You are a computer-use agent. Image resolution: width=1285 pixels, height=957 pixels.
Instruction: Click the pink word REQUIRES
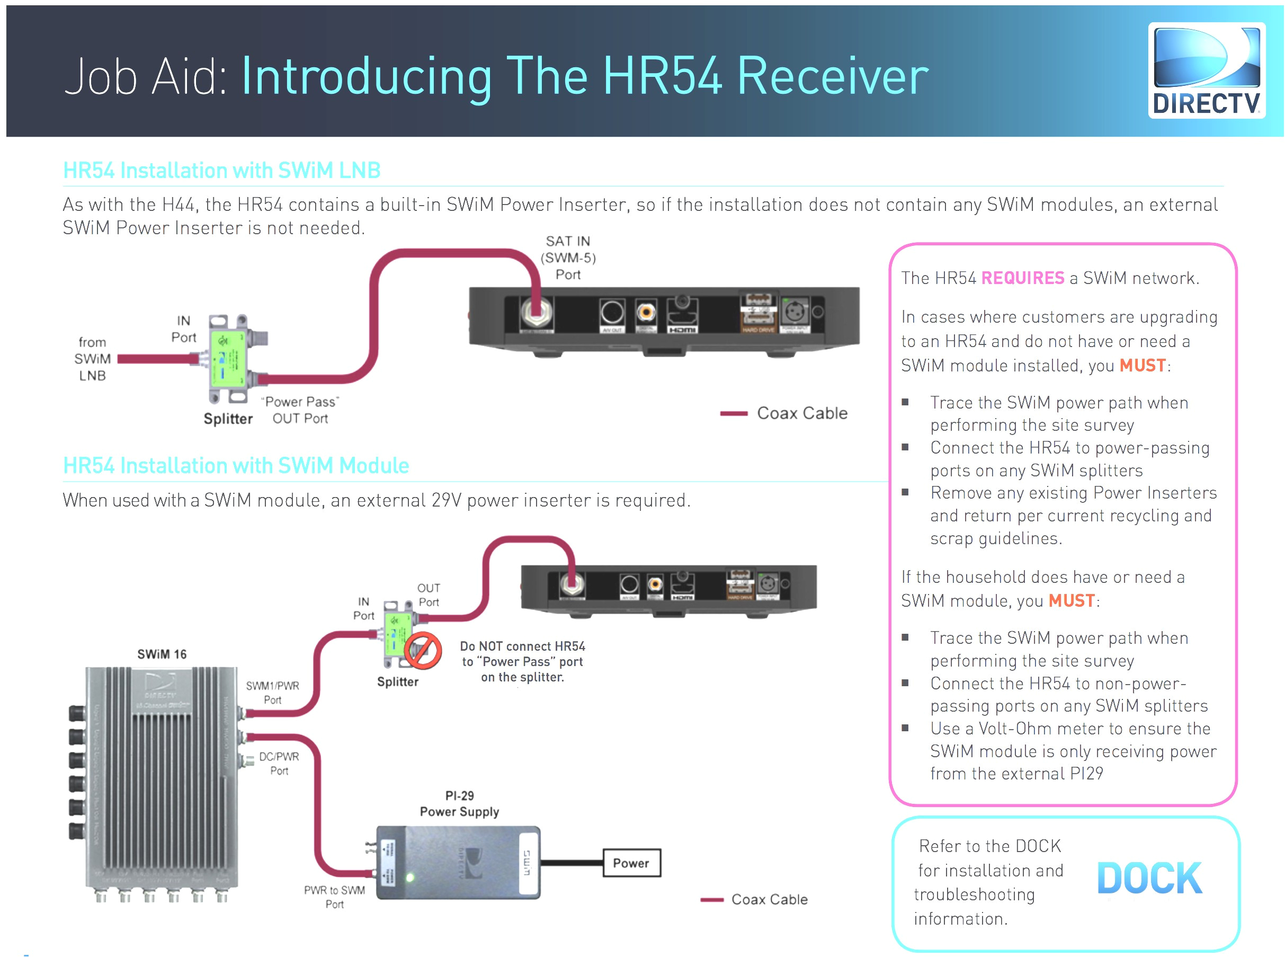pyautogui.click(x=1022, y=278)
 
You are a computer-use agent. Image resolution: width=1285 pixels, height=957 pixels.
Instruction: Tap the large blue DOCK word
pyautogui.click(x=1149, y=878)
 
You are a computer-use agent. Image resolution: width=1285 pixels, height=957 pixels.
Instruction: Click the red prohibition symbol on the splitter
pyautogui.click(x=423, y=651)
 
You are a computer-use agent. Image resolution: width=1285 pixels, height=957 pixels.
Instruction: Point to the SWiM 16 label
pyautogui.click(x=162, y=654)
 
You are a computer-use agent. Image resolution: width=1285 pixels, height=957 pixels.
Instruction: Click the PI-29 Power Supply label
pyautogui.click(x=459, y=803)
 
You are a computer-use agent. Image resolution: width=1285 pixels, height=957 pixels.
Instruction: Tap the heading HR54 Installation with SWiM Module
pyautogui.click(x=236, y=466)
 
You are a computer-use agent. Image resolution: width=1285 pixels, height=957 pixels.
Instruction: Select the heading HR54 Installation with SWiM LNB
pyautogui.click(x=221, y=170)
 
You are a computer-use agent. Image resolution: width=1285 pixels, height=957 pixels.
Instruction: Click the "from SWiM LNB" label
pyautogui.click(x=93, y=359)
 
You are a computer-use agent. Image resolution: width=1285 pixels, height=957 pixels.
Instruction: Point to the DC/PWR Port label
pyautogui.click(x=279, y=764)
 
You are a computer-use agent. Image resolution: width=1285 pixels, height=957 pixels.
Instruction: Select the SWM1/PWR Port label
pyautogui.click(x=272, y=693)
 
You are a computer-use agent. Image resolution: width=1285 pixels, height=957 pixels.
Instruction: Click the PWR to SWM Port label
pyautogui.click(x=334, y=897)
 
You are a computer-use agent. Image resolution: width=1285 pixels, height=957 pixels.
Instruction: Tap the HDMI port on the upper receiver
pyautogui.click(x=682, y=316)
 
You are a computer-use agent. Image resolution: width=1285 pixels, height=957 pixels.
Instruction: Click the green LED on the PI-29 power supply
pyautogui.click(x=410, y=878)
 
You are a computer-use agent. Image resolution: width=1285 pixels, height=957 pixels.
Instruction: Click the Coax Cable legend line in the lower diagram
pyautogui.click(x=712, y=900)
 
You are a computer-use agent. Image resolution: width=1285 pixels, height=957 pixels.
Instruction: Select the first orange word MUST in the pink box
pyautogui.click(x=1141, y=366)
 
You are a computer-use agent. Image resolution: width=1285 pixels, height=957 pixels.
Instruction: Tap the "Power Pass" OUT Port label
pyautogui.click(x=300, y=410)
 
